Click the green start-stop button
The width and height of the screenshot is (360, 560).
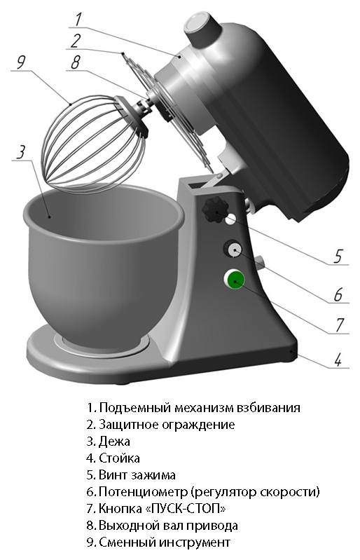[235, 279]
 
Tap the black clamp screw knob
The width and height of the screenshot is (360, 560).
[215, 211]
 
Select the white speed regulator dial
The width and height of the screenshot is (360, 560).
[234, 249]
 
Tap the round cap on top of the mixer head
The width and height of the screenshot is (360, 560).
[202, 27]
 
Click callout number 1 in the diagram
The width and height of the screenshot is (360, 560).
[78, 20]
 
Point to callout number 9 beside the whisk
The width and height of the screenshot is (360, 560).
[22, 63]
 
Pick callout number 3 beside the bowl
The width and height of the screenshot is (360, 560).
[22, 152]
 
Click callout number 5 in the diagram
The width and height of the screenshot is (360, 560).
[338, 256]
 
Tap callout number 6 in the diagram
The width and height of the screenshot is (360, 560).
[338, 294]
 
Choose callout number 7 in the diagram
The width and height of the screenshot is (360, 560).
[339, 325]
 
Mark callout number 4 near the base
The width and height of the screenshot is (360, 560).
[338, 360]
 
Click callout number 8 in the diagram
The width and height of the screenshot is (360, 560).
[75, 63]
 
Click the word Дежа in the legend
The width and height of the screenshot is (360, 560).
[114, 442]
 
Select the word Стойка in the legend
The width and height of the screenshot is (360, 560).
[119, 458]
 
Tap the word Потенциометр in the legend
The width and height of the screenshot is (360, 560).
[143, 492]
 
